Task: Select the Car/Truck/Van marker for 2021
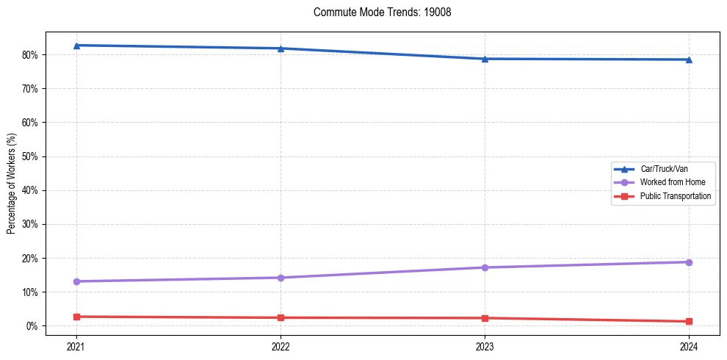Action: pos(76,46)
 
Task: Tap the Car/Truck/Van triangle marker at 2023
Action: pos(485,59)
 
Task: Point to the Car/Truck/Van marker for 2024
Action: pos(689,60)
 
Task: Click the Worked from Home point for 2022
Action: pos(281,278)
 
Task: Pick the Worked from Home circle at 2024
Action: pos(689,262)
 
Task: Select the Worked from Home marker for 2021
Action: pos(76,281)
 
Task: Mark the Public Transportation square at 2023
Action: pos(485,318)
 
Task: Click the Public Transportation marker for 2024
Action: pos(689,321)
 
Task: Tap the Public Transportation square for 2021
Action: pos(76,317)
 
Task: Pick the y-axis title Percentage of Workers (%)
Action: pos(12,183)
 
